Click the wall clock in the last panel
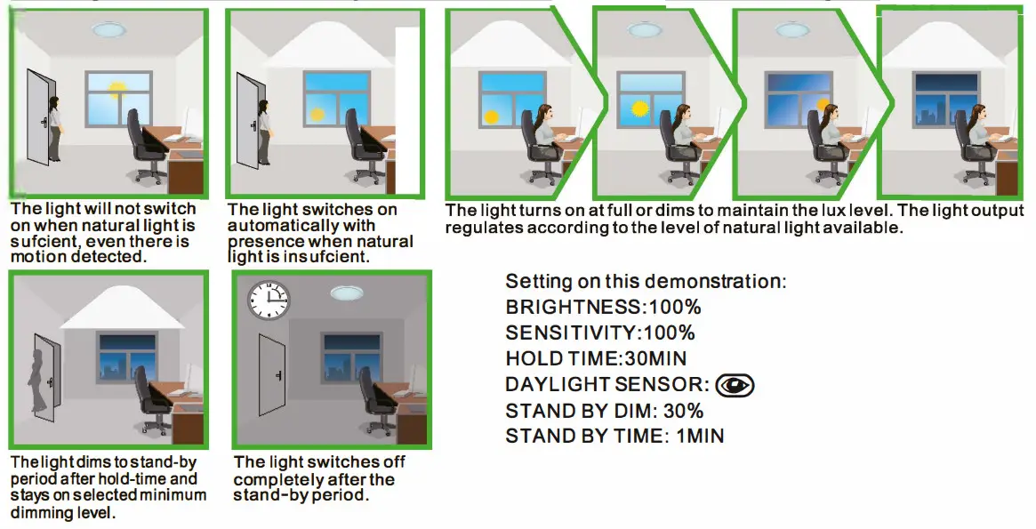269,300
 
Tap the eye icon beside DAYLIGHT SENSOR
735,384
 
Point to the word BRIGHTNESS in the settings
573,307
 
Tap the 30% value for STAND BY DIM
684,411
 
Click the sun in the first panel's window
117,90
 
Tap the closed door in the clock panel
272,373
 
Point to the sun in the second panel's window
317,114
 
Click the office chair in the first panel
144,145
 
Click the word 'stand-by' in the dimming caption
166,462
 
